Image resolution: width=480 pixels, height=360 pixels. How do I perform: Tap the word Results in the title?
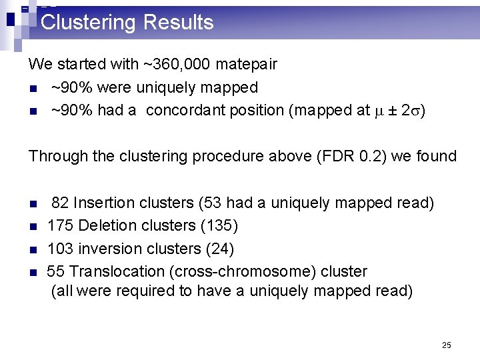click(178, 23)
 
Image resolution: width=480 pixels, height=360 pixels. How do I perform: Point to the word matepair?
click(247, 65)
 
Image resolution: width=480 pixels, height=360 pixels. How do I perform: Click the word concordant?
click(185, 111)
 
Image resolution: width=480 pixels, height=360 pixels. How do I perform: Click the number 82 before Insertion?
click(60, 203)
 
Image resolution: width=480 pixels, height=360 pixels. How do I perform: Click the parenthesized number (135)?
click(219, 226)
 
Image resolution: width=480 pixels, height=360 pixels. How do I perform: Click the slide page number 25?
click(446, 345)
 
